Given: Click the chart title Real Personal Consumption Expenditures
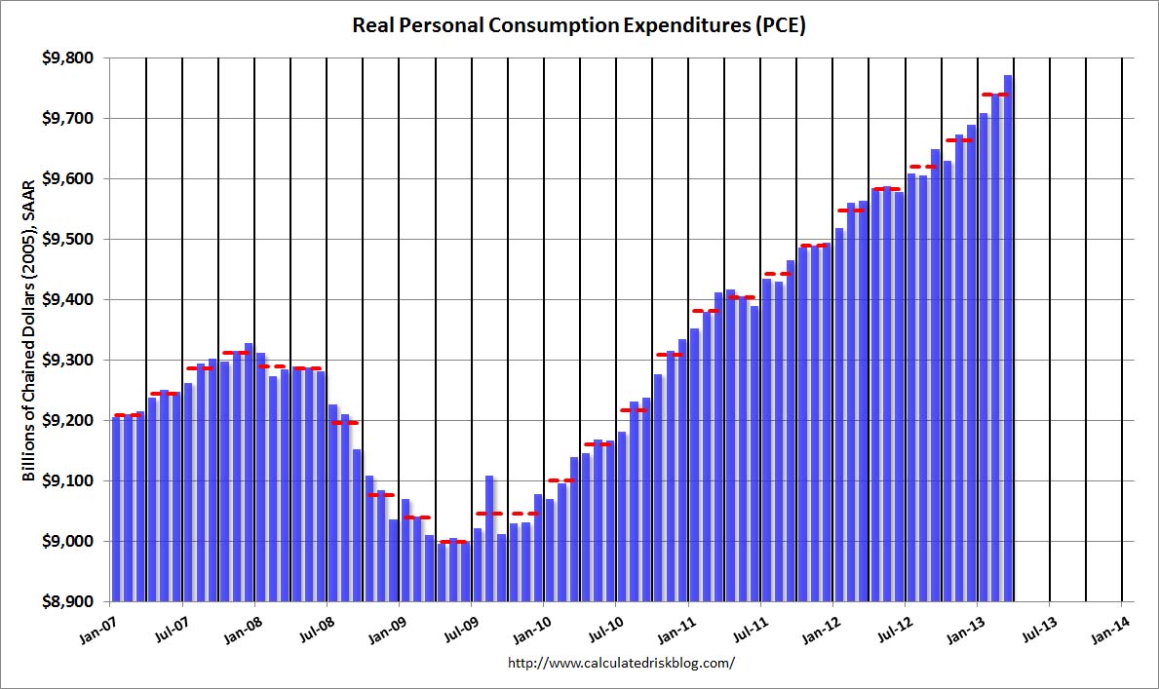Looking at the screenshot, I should (579, 25).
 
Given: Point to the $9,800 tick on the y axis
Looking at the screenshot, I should (71, 58).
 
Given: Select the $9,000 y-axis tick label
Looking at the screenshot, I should (71, 542).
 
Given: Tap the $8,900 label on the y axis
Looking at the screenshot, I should (71, 602).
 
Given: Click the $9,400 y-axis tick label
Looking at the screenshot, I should (71, 300).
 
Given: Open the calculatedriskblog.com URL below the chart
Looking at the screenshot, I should (622, 664).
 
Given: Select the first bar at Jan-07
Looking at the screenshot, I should (117, 508).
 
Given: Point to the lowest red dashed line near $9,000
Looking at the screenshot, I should (454, 542).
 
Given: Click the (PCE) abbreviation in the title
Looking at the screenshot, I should (779, 25).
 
